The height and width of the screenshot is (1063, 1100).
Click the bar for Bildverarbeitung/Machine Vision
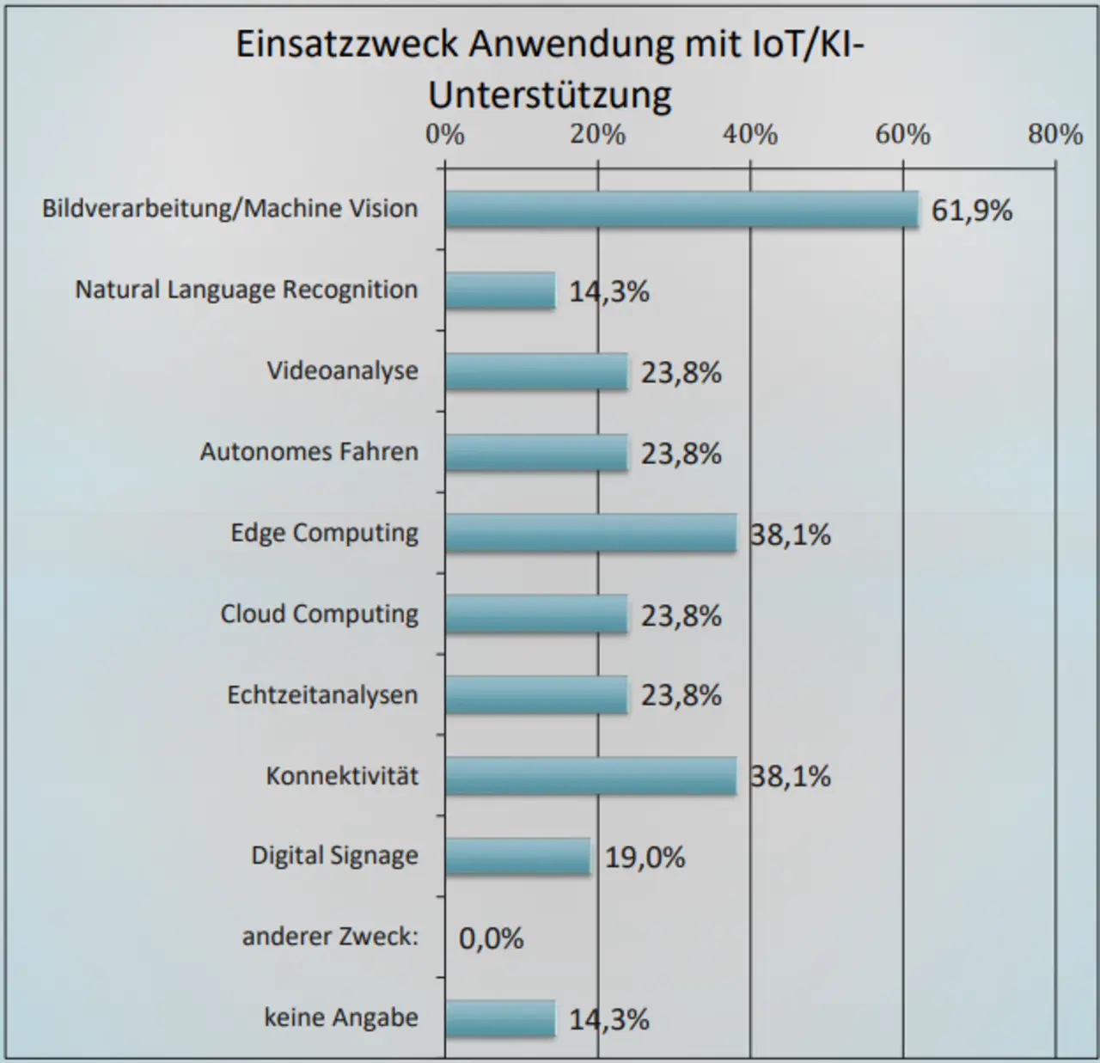[x=681, y=209]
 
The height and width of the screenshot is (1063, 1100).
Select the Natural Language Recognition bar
[x=500, y=290]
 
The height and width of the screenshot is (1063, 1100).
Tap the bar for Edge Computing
[x=590, y=533]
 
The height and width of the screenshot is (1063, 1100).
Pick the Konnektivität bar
[x=590, y=776]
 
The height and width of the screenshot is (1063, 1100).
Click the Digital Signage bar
[x=518, y=856]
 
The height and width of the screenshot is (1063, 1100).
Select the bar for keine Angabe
[x=500, y=1018]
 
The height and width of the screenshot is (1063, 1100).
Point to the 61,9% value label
[x=972, y=211]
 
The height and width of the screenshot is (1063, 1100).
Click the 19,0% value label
[x=645, y=858]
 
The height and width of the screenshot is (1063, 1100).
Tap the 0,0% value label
[x=491, y=938]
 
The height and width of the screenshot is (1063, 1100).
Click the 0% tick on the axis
[x=445, y=135]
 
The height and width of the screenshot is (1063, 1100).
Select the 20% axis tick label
[x=598, y=135]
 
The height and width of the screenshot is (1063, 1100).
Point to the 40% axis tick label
[x=750, y=135]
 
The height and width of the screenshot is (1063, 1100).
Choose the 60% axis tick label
[x=903, y=135]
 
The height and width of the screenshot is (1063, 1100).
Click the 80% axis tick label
[x=1055, y=135]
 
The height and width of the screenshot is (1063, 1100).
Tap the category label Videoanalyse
[x=342, y=371]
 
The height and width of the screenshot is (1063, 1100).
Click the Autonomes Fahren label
[x=309, y=452]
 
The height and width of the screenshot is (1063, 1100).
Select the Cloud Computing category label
[x=320, y=614]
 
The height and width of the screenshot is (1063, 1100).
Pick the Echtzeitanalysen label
[x=322, y=695]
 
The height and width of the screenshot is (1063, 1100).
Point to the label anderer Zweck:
[x=330, y=937]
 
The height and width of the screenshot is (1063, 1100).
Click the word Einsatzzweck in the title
[x=347, y=45]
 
